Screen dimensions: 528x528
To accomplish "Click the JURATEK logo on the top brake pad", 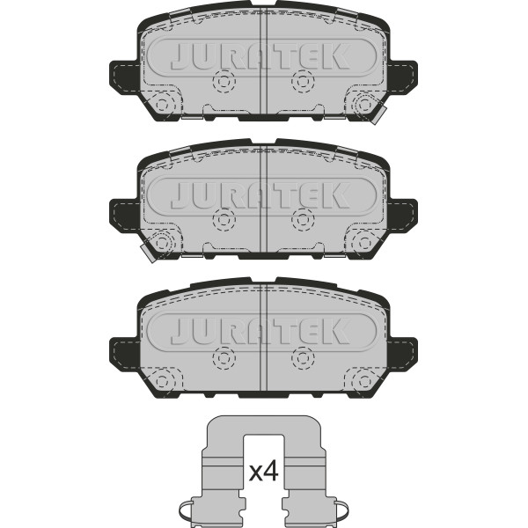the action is click(x=260, y=56).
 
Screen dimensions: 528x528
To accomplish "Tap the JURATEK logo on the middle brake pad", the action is click(x=260, y=195).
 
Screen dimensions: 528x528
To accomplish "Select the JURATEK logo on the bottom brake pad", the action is click(x=260, y=332).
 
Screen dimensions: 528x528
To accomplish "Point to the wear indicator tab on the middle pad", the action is click(x=149, y=252).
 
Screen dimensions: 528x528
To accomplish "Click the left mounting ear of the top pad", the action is click(x=124, y=77).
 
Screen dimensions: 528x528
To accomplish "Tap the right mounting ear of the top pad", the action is click(x=403, y=77).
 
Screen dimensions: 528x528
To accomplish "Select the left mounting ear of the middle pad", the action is click(x=124, y=216).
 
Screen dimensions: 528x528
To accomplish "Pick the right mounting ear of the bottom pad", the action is click(x=403, y=353).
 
